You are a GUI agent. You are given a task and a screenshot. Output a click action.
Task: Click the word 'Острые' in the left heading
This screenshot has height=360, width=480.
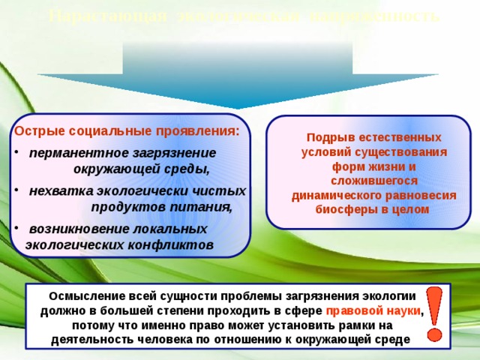click(39, 130)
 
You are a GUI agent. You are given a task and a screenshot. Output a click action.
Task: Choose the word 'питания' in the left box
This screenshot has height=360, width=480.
click(205, 205)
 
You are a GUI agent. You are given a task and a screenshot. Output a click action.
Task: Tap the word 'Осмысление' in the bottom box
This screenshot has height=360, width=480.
click(81, 295)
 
